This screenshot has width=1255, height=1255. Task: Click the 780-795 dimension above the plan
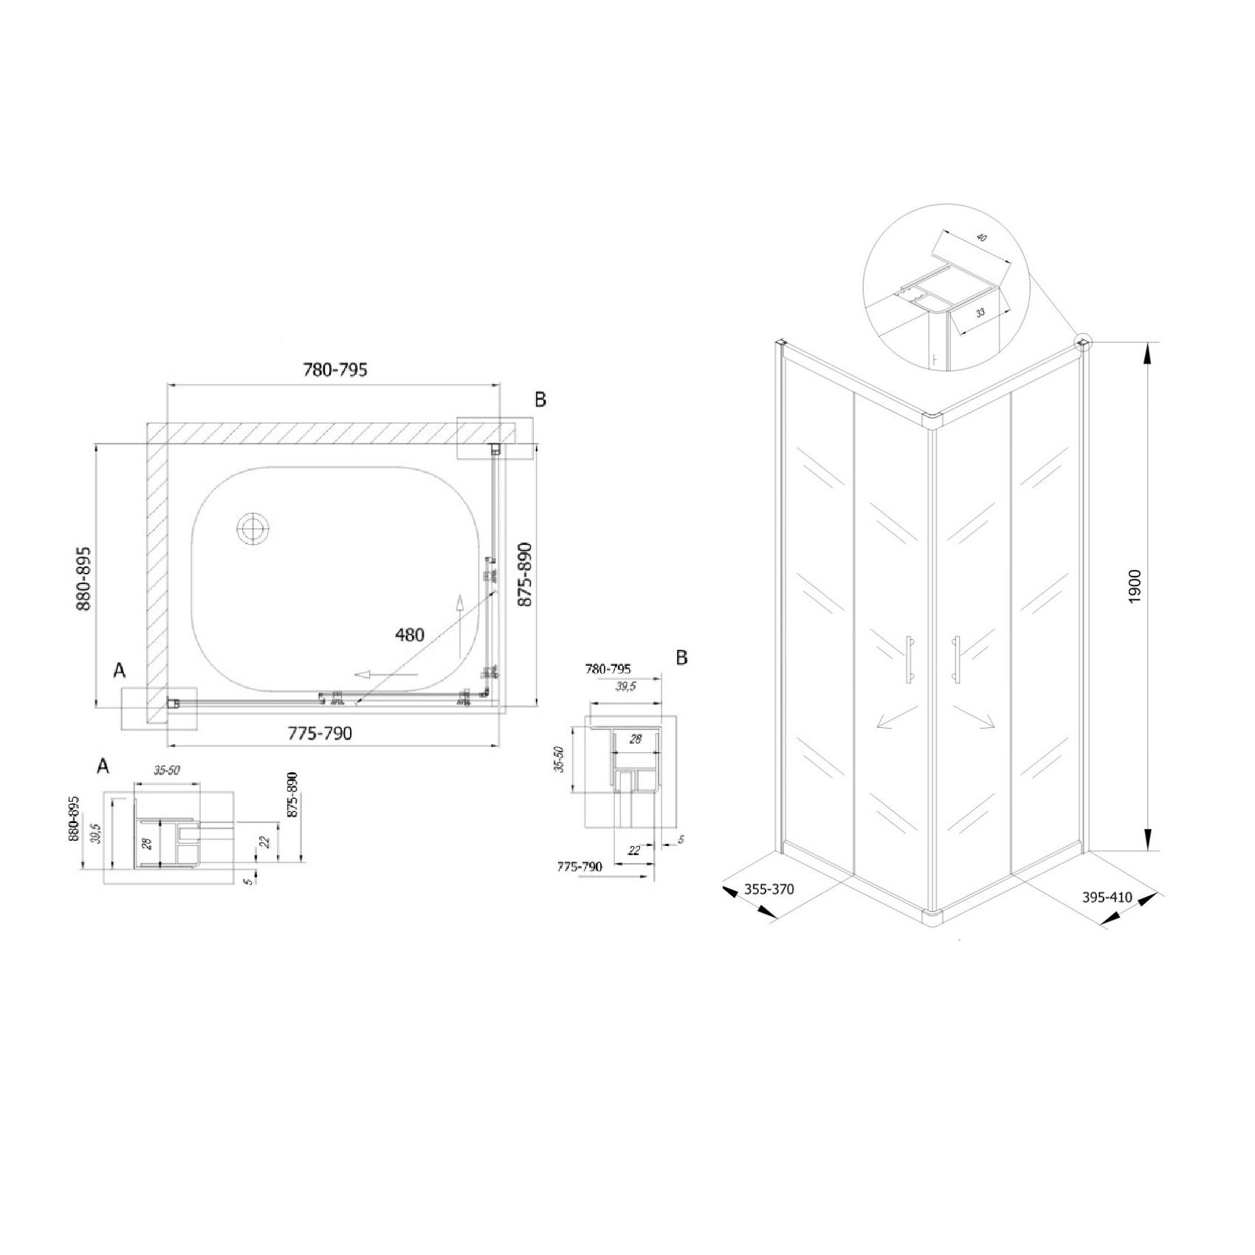click(334, 370)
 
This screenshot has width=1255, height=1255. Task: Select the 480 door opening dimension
click(410, 634)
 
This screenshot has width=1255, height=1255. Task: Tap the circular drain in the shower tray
click(252, 529)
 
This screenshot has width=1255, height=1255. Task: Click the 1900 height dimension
click(1135, 587)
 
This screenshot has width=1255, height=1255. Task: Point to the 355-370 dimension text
click(769, 890)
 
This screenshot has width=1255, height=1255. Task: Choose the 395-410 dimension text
click(1107, 898)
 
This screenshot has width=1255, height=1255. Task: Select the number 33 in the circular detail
click(980, 313)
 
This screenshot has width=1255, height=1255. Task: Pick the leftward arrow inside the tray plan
click(385, 674)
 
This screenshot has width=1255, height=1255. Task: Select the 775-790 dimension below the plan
click(320, 733)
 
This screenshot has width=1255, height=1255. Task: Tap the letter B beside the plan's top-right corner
click(540, 399)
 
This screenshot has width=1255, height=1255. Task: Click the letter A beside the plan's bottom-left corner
click(119, 671)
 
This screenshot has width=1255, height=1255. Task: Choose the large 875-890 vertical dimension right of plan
click(524, 574)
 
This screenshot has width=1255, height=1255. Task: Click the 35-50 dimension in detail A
click(166, 771)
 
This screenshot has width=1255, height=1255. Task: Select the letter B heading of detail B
click(681, 658)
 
